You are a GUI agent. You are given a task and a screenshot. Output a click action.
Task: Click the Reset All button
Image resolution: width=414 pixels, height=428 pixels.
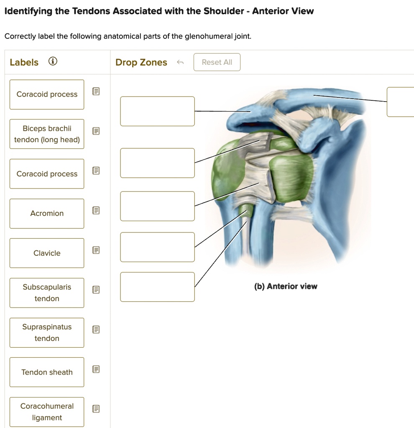click(x=217, y=62)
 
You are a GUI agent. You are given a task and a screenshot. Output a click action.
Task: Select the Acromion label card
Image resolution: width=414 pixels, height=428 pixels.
click(x=47, y=213)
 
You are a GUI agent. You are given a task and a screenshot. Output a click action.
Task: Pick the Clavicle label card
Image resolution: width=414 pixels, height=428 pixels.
click(x=47, y=253)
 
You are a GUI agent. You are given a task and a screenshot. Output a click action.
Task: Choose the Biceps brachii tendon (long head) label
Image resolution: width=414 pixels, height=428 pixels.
click(x=47, y=134)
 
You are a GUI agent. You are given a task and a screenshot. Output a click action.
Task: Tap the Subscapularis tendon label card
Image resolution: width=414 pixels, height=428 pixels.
click(x=47, y=293)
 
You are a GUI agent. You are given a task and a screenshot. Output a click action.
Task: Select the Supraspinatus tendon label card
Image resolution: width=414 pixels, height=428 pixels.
click(x=47, y=332)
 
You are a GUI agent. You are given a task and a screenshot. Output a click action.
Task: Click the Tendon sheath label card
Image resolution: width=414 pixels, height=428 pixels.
click(x=47, y=372)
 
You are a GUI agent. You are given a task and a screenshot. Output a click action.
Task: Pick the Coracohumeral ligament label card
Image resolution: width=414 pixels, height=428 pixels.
click(x=47, y=412)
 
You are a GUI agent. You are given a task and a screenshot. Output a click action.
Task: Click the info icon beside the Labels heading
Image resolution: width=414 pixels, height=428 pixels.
click(x=53, y=62)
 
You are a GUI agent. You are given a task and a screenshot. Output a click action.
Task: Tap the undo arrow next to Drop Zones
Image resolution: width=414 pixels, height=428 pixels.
click(x=180, y=62)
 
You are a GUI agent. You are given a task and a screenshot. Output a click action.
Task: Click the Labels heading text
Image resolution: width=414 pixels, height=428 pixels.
click(x=24, y=62)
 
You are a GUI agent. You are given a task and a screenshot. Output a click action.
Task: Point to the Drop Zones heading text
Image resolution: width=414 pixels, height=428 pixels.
click(x=141, y=62)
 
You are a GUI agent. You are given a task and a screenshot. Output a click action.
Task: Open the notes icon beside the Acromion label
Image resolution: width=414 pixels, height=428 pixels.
click(x=96, y=210)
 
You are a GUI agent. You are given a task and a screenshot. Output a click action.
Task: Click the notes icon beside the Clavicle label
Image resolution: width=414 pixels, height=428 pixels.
click(x=96, y=250)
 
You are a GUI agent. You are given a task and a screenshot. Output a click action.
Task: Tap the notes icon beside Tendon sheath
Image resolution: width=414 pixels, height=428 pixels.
click(x=96, y=369)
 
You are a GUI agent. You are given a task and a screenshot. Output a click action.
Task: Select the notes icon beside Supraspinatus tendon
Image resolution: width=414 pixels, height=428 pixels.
click(x=96, y=329)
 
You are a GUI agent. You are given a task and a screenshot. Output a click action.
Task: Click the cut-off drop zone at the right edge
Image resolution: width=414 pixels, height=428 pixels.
click(x=400, y=102)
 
